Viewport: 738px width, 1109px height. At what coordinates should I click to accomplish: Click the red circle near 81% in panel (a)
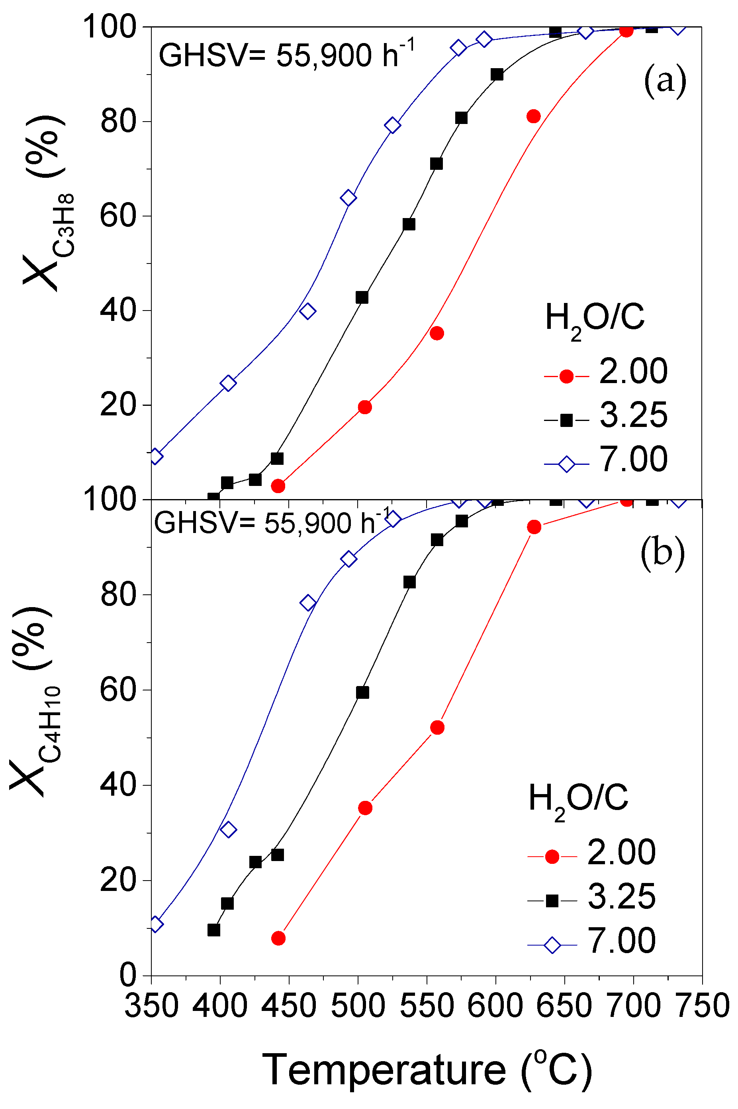coord(533,116)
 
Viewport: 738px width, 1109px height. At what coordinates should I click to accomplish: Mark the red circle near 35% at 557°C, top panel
coord(437,334)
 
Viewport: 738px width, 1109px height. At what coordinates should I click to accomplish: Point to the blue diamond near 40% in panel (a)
coord(307,311)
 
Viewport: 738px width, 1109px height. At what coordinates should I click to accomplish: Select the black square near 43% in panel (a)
coord(362,297)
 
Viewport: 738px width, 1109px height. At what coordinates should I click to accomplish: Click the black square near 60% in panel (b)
coord(362,692)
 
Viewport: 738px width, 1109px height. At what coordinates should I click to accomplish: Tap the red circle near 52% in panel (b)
coord(437,728)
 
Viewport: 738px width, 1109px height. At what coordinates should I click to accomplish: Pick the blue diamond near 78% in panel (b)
coord(308,603)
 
